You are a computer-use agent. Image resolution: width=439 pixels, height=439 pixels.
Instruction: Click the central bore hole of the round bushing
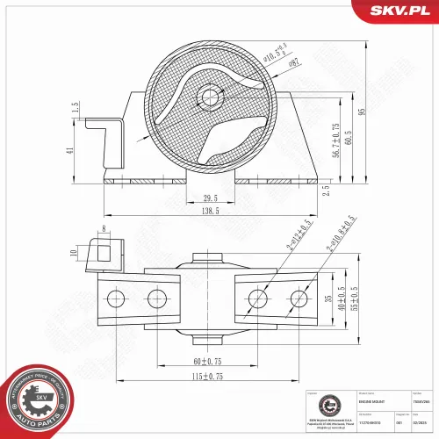point(209,96)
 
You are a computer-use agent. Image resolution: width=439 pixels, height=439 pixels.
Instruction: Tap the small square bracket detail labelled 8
point(104,254)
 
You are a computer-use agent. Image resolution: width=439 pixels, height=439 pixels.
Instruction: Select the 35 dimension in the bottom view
point(329,299)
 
